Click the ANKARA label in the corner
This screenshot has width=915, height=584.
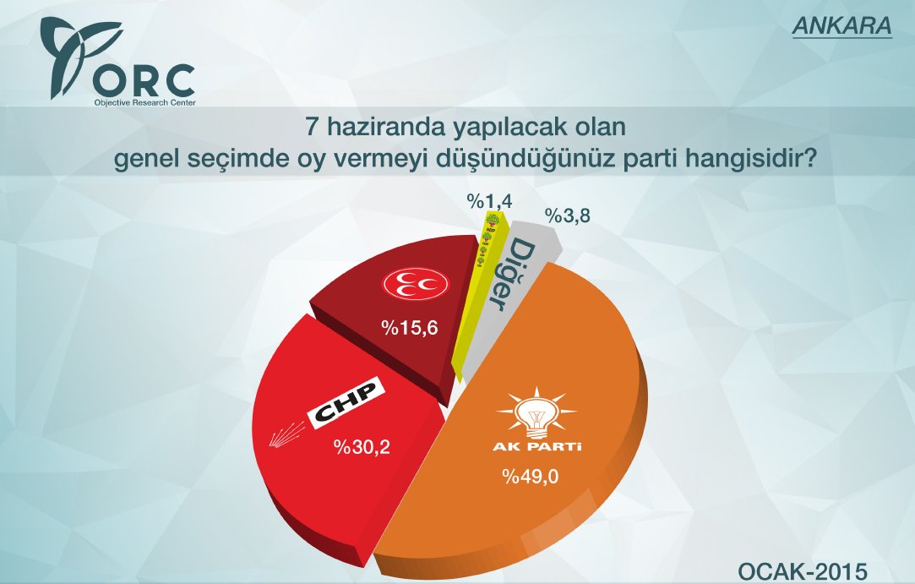841,26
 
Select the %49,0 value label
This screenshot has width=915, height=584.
531,475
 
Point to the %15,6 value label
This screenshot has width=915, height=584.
409,327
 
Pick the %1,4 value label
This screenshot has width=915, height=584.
489,200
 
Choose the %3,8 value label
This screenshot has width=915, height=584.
567,215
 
